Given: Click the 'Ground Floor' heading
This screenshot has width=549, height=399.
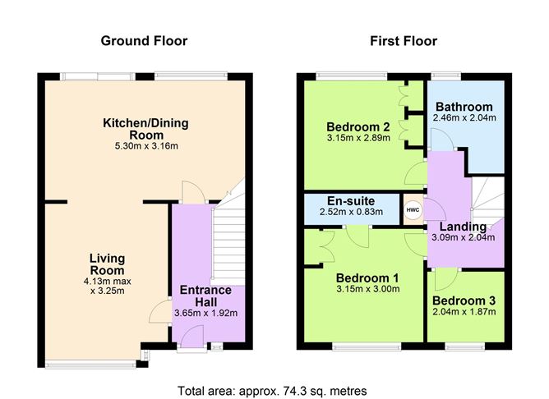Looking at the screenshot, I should coord(144,40).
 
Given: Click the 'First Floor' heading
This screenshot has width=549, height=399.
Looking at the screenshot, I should coord(403,40).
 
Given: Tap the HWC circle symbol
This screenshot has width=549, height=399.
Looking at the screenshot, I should coord(412,209).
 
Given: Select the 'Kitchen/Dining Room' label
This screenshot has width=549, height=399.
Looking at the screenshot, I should coord(145,129).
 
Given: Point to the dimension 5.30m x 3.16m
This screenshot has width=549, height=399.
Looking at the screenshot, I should coord(145,146).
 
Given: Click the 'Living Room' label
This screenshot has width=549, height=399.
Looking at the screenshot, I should coord(107,264).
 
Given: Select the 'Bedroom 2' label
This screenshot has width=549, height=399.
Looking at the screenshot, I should coord(357,126).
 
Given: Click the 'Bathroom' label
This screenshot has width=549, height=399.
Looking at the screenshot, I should coord(464,107).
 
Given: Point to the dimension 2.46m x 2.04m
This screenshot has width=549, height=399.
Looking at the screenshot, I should coord(464,118).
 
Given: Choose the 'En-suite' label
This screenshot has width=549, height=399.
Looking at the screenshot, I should coord(351,200).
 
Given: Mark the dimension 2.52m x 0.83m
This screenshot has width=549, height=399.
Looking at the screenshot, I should coord(351,213).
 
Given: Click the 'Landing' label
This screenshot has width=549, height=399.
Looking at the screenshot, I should coord(463,227).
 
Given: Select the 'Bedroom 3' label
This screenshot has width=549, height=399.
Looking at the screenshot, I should coord(464,300).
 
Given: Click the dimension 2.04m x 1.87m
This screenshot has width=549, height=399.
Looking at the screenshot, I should coord(464,312).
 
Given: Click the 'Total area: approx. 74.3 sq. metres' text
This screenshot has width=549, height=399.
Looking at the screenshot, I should coord(272,390).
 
